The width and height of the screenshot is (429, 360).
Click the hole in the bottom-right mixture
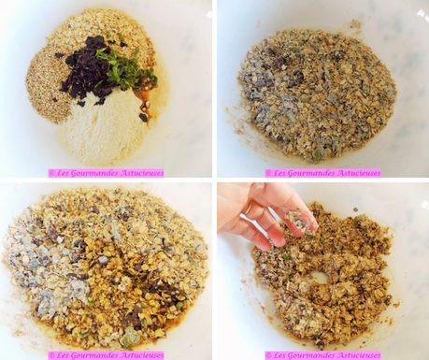[319, 278]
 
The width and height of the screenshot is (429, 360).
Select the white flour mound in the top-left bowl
[101, 123]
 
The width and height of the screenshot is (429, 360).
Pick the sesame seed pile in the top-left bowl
[47, 86]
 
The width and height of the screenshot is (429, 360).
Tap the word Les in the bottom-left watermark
[62, 355]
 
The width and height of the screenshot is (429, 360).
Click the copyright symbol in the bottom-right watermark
[268, 355]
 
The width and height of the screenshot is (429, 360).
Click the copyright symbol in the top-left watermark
[51, 173]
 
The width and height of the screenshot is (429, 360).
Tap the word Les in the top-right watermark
[279, 173]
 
